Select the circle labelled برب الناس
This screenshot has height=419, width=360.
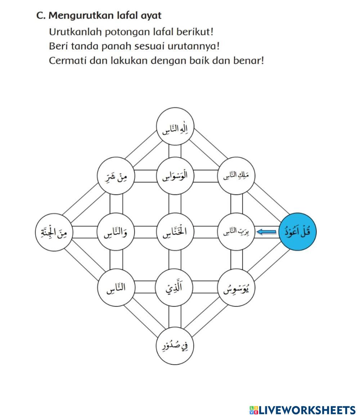point(236,233)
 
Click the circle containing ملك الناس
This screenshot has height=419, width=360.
point(236,175)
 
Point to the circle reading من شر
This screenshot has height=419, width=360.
point(116,175)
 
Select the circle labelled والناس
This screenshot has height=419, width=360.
point(116,233)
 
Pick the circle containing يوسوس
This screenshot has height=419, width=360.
point(236,288)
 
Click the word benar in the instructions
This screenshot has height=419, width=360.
point(248,60)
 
